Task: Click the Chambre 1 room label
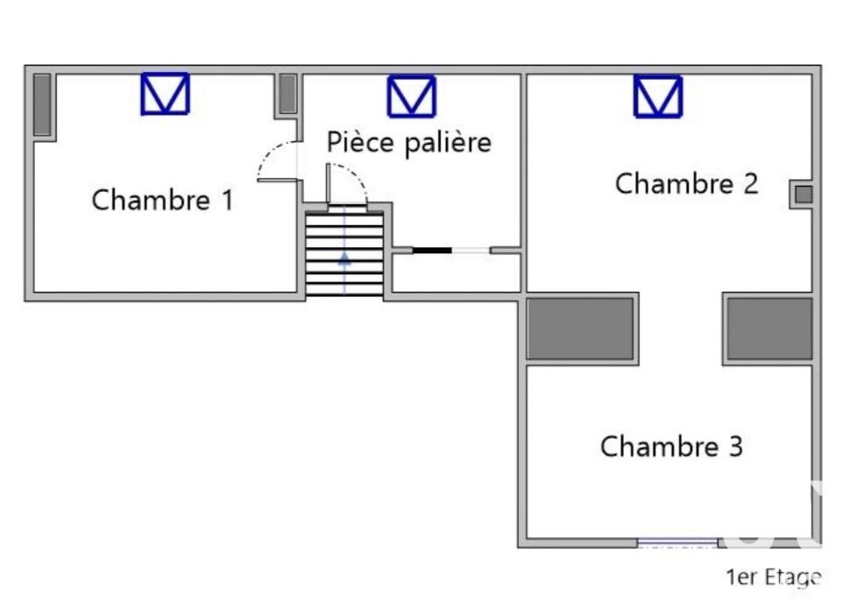coord(163,200)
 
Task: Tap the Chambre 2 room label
coord(687,184)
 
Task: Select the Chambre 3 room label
coord(672,446)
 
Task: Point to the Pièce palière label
coord(408,143)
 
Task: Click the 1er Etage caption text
coord(774,577)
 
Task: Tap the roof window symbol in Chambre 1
coord(166,94)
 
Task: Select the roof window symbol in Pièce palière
coord(412,96)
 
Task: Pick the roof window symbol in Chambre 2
coord(658,96)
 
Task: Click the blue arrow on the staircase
coord(344,258)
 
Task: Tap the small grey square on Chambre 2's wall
coord(804,195)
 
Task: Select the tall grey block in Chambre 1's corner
coord(42,104)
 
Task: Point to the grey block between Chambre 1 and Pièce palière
coord(287,94)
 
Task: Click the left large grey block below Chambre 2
coord(580,329)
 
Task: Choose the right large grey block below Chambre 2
coord(769,329)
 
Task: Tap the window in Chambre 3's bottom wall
coord(678,542)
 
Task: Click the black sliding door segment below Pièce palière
coord(432,251)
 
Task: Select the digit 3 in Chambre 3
coord(736,446)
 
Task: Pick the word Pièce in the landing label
coord(361,142)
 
